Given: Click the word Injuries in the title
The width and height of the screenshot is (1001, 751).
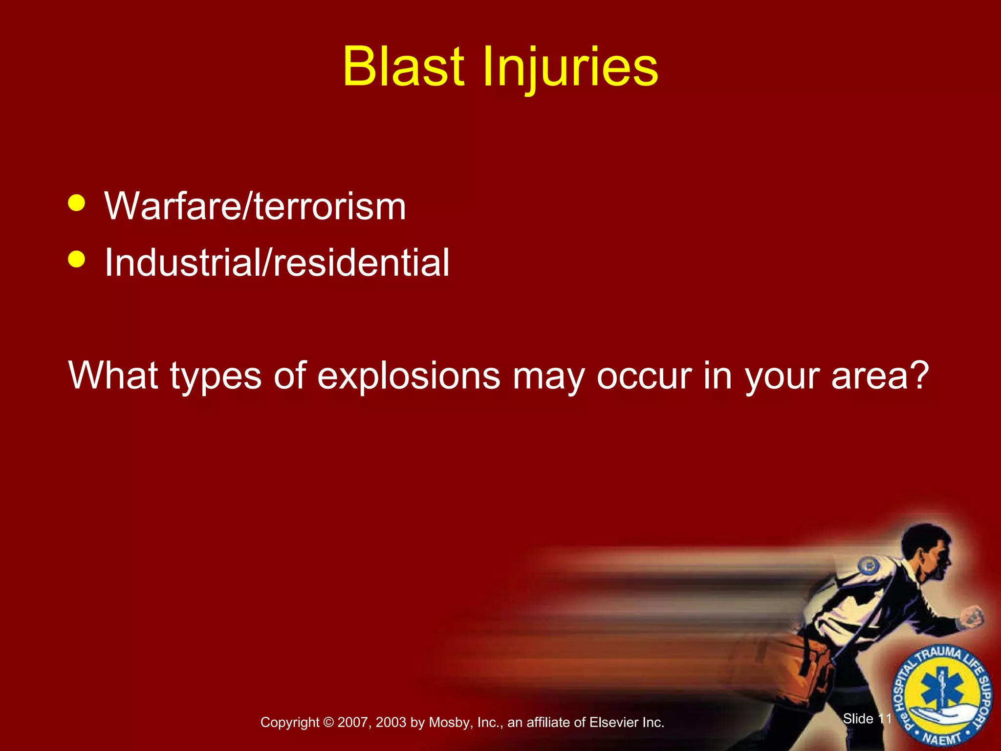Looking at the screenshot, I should (570, 68).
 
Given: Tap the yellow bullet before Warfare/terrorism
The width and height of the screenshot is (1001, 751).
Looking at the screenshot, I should (77, 202).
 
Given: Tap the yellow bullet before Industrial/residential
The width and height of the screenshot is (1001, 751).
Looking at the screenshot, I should (77, 259).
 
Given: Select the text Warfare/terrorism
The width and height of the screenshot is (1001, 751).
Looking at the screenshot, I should (255, 206).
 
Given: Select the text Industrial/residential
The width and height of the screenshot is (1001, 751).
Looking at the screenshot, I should (277, 263).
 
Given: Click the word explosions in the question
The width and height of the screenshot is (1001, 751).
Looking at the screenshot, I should (409, 375).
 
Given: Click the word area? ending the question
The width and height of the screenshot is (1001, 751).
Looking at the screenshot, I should (880, 375).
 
